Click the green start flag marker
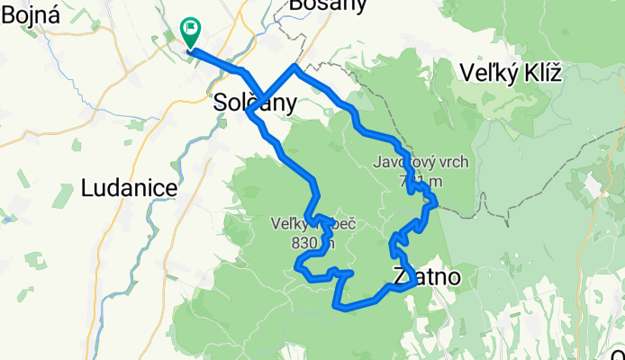(191, 31)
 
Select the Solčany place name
(254, 103)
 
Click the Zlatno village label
(426, 276)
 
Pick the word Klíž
(539, 74)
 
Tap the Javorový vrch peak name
(418, 163)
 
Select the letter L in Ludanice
(86, 188)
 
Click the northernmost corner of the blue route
(294, 67)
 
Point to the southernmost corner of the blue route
(338, 307)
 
